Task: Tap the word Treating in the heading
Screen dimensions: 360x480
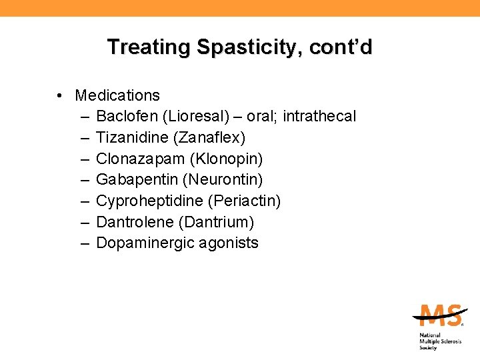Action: (x=149, y=47)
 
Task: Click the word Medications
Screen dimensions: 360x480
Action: (x=117, y=95)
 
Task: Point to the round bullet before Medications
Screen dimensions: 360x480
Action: (x=60, y=96)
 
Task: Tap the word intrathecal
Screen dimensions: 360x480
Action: (x=319, y=117)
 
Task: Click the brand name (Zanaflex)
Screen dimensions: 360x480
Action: (x=210, y=138)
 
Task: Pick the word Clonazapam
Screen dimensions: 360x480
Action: (x=139, y=159)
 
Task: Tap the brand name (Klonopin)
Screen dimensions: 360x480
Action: (x=225, y=159)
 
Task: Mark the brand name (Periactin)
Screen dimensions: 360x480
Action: (x=245, y=201)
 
